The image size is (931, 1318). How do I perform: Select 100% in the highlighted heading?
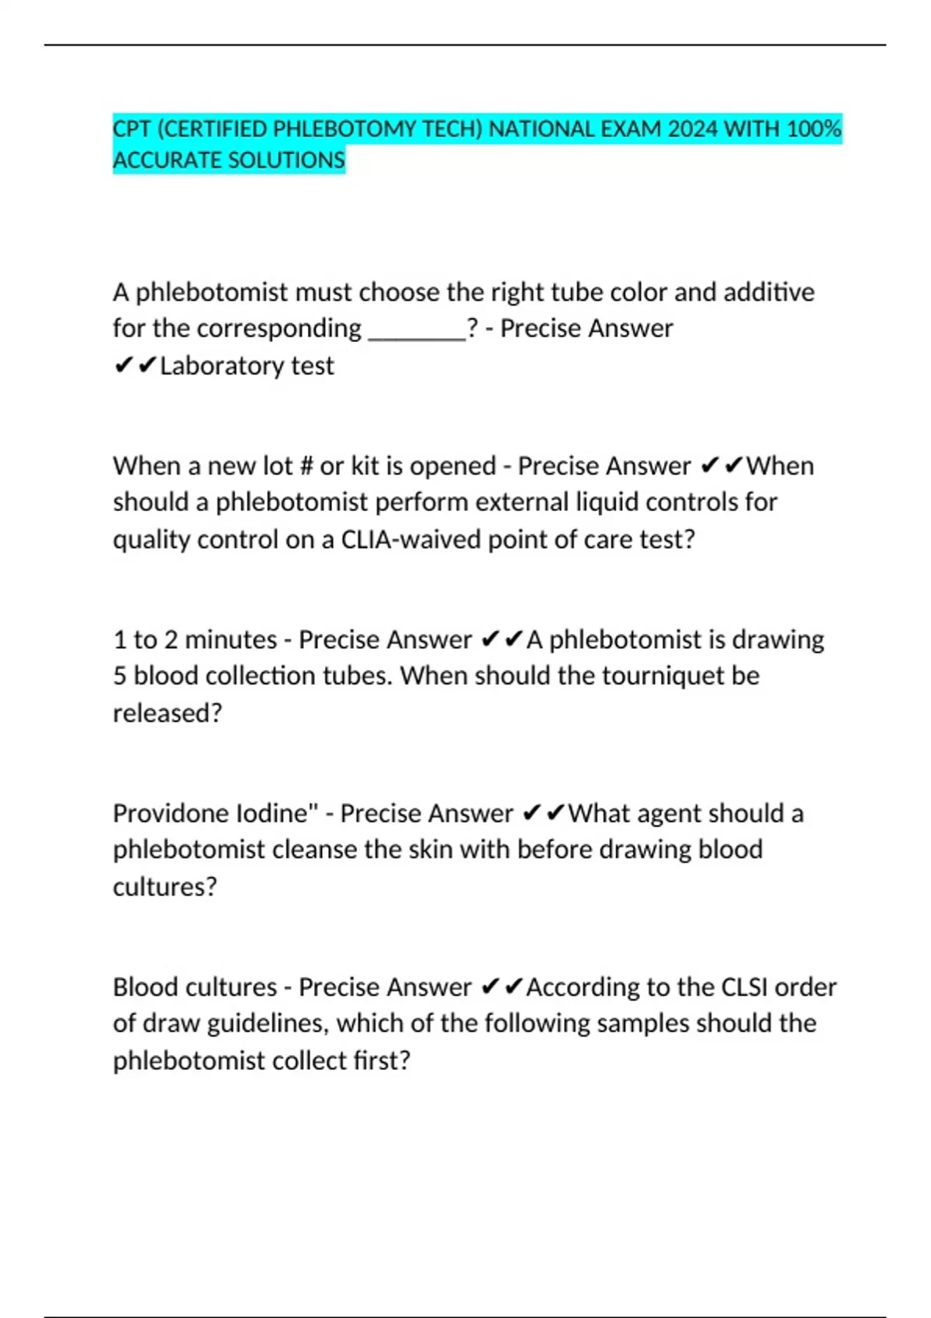[814, 129]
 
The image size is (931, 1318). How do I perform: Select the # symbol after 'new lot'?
[305, 466]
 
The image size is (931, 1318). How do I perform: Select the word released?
[168, 713]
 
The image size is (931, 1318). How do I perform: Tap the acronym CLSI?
[745, 987]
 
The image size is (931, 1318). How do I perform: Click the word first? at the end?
[382, 1061]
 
